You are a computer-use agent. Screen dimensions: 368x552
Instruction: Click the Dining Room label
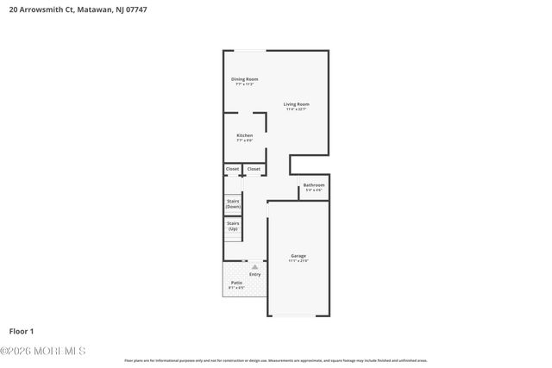[x=244, y=79]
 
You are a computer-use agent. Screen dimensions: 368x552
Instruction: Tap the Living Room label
[x=297, y=104]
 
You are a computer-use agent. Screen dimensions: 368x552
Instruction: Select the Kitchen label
[x=245, y=135]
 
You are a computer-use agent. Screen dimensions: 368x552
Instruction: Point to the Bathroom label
[x=313, y=185]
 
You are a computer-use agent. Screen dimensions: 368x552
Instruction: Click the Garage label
[x=298, y=256]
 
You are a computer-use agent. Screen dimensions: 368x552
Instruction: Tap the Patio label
[x=235, y=283]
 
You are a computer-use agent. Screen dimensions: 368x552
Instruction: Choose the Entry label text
[x=254, y=275]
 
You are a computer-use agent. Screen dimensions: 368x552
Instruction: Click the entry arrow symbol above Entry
[x=254, y=267]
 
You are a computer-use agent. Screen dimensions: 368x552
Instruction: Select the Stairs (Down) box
[x=233, y=205]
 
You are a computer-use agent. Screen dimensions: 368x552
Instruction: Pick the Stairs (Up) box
[x=233, y=227]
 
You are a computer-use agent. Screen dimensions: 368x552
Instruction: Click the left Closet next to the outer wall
[x=232, y=169]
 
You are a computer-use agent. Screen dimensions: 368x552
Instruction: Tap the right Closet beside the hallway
[x=254, y=169]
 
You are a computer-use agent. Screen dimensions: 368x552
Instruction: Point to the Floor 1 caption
[x=22, y=330]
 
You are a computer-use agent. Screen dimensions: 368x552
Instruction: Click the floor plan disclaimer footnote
[x=276, y=360]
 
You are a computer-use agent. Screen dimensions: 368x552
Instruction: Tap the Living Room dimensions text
[x=297, y=109]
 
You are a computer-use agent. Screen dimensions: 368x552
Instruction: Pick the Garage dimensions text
[x=298, y=261]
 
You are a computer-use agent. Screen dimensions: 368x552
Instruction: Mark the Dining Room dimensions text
[x=244, y=84]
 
